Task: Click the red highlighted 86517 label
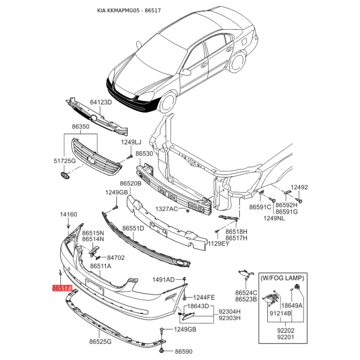click(62, 288)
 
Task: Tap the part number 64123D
click(101, 102)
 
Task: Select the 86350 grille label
click(81, 126)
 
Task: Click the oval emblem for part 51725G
click(64, 175)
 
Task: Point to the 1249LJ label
click(131, 142)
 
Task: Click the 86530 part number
click(144, 153)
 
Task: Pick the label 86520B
click(130, 184)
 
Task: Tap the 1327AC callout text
click(166, 209)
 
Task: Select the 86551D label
click(133, 229)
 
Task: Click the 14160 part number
click(68, 215)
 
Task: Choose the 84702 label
click(116, 258)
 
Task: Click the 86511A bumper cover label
click(100, 266)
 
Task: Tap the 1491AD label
click(163, 279)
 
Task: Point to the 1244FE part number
click(204, 297)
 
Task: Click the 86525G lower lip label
click(100, 342)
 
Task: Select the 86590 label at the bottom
click(184, 351)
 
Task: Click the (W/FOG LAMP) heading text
click(283, 278)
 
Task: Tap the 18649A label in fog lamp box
click(292, 306)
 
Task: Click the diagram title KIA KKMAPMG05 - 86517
click(129, 10)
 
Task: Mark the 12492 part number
click(299, 187)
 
